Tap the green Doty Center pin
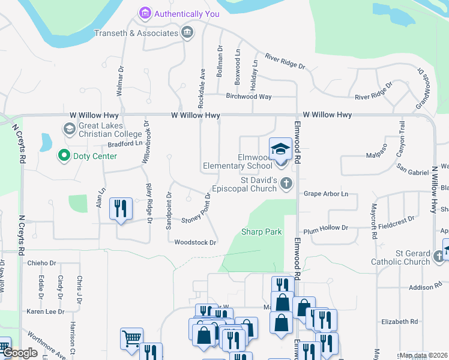click(x=63, y=156)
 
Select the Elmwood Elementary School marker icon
click(x=280, y=149)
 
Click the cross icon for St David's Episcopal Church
click(x=286, y=184)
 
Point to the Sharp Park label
click(x=261, y=232)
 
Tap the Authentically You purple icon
click(x=145, y=13)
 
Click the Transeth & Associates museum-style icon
click(x=187, y=32)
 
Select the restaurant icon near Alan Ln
click(x=121, y=209)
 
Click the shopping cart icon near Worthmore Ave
click(x=131, y=337)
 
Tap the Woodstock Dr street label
click(x=194, y=242)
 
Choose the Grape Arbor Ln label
click(x=325, y=194)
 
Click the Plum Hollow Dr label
click(x=325, y=228)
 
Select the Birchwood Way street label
click(x=249, y=96)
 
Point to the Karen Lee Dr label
click(x=45, y=311)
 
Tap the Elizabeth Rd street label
click(x=399, y=322)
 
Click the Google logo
click(x=20, y=353)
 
